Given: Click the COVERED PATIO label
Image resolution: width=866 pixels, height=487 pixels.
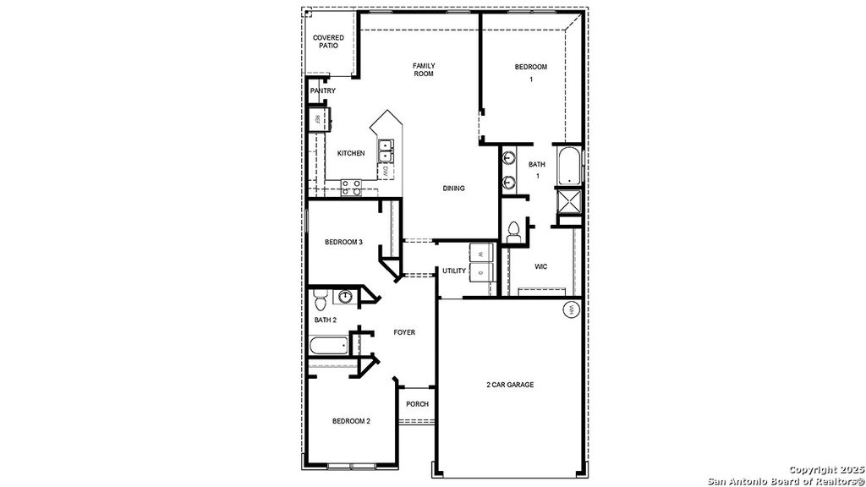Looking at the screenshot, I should click(x=328, y=41).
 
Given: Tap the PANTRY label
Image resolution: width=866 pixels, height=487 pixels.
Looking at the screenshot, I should click(x=322, y=90).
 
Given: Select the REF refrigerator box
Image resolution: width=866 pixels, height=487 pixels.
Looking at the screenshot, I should click(x=317, y=119).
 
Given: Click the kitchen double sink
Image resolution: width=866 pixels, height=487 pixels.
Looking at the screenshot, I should click(x=386, y=150).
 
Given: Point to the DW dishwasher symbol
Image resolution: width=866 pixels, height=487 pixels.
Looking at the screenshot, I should click(x=386, y=172).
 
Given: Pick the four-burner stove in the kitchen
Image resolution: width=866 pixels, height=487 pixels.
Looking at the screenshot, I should click(x=352, y=188).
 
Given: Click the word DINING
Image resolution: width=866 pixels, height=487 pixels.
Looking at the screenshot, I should click(x=453, y=188).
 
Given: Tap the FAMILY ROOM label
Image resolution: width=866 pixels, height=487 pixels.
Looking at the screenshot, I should click(x=423, y=69).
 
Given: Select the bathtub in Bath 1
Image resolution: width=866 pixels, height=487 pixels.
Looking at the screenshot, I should click(x=569, y=167).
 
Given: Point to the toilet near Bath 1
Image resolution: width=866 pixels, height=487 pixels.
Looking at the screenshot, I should click(x=513, y=230).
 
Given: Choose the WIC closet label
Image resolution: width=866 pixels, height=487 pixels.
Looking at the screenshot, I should click(x=541, y=266).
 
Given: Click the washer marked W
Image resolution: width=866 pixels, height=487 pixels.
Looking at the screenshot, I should click(x=480, y=254).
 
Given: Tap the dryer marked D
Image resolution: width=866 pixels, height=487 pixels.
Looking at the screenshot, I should click(x=480, y=273).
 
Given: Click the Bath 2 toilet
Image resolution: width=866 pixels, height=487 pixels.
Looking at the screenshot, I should click(x=320, y=301).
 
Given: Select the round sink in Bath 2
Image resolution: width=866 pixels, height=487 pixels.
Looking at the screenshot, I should click(x=345, y=297).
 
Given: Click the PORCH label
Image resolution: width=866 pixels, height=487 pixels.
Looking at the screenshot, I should click(x=417, y=404).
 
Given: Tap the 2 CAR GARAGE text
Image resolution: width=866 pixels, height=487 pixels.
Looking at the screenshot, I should click(x=510, y=385).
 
